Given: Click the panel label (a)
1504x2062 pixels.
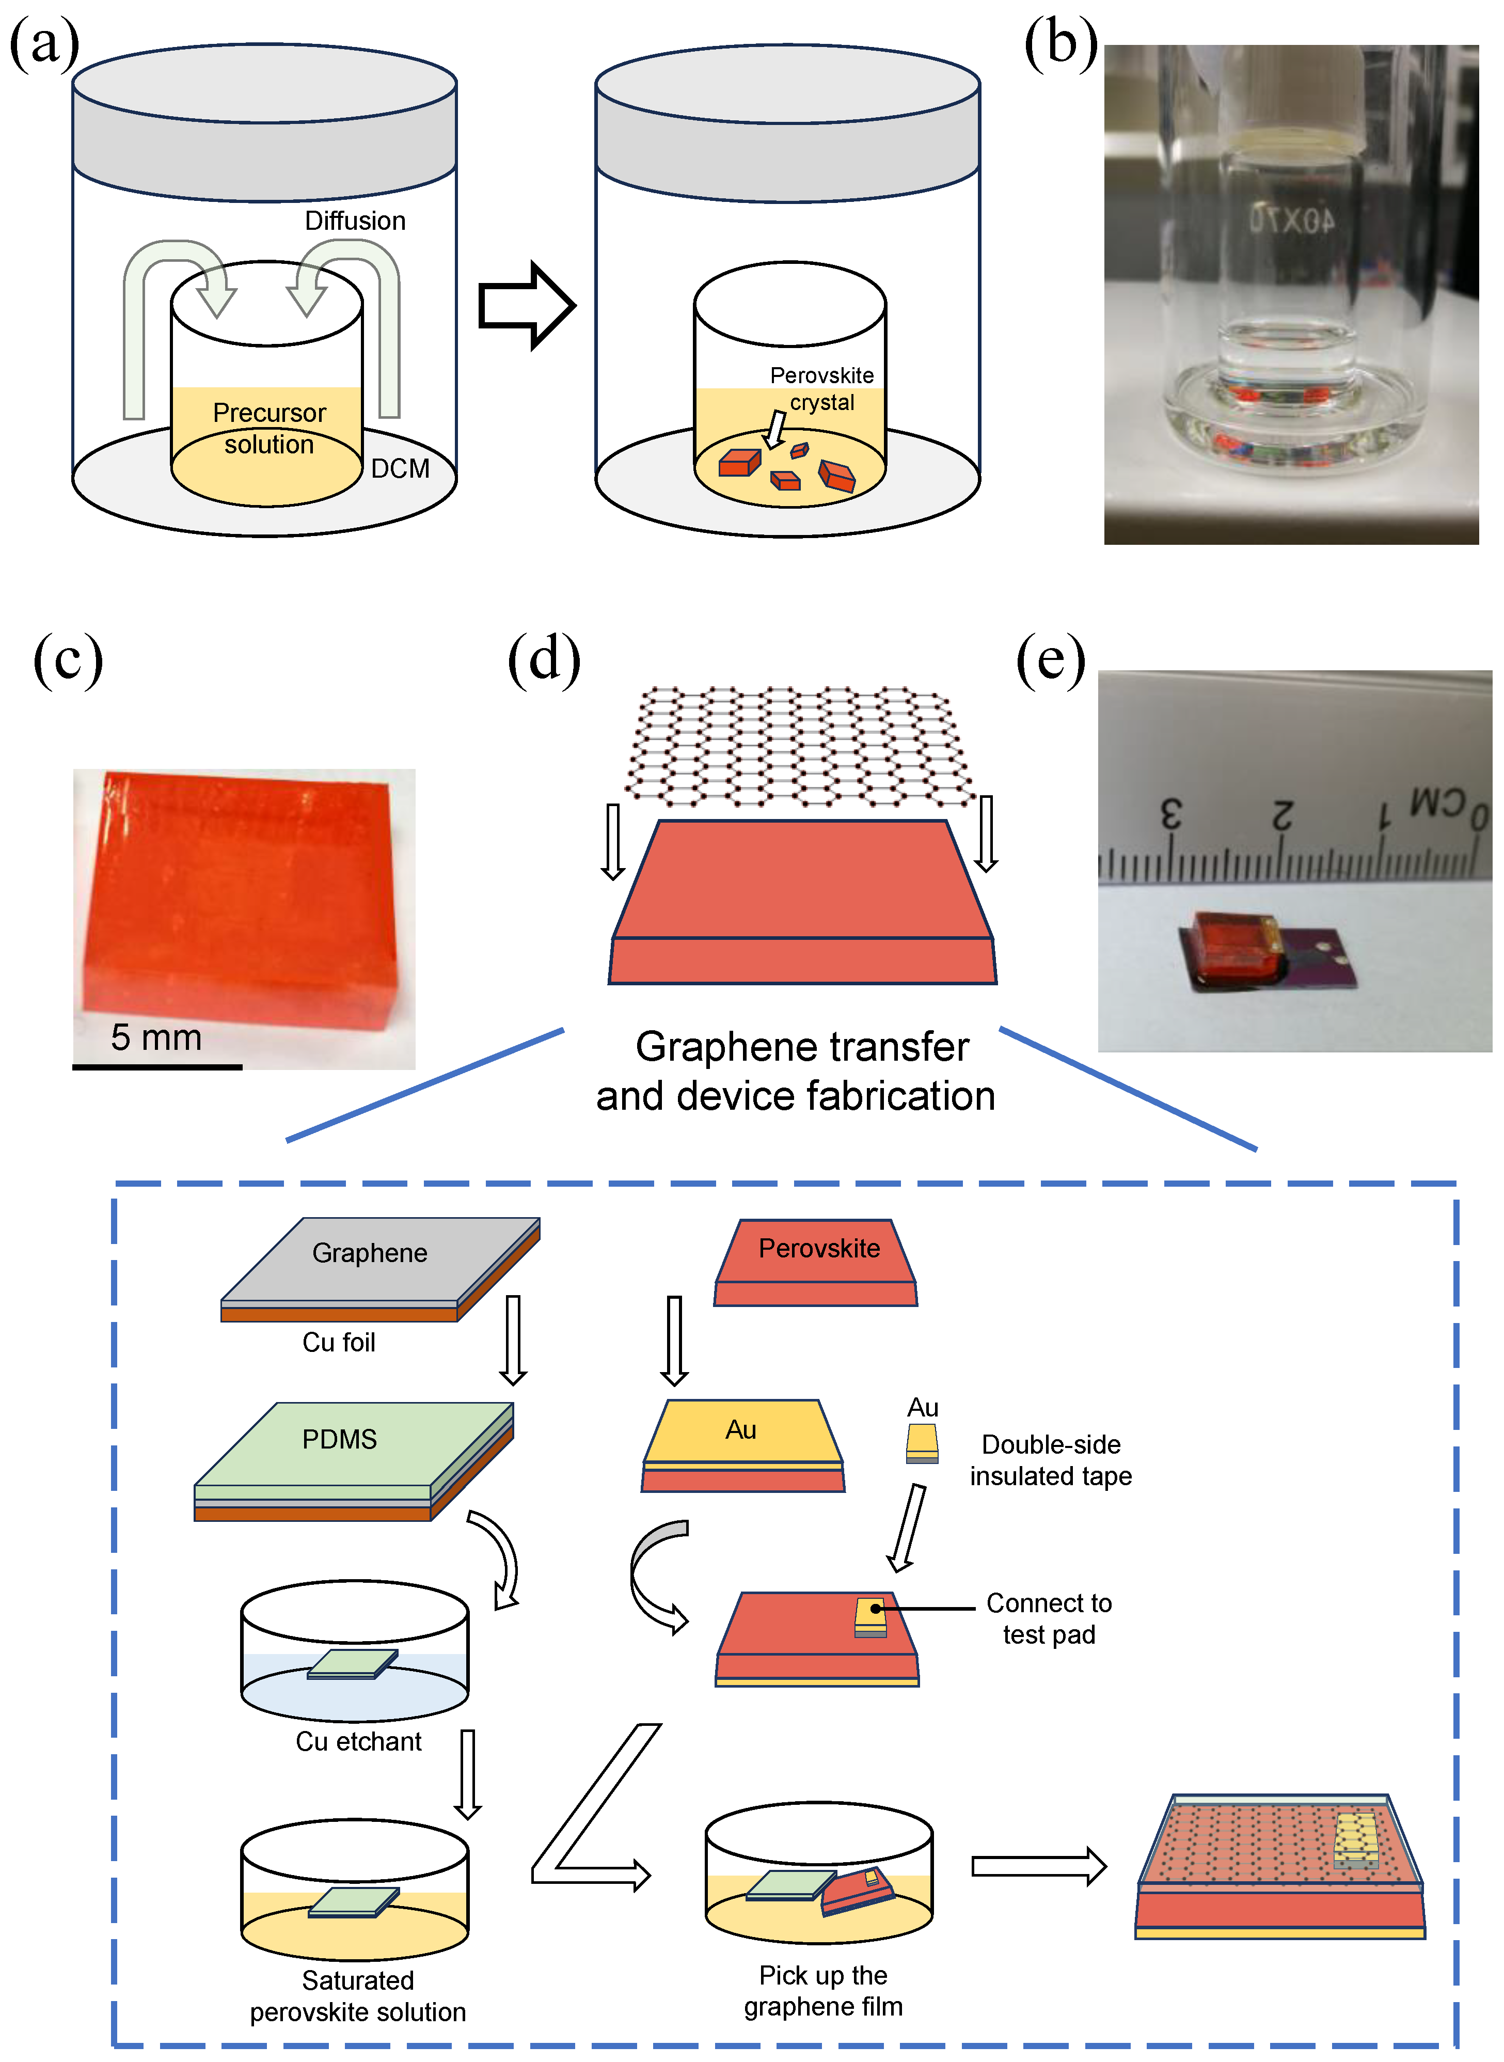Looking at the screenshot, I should click(44, 44).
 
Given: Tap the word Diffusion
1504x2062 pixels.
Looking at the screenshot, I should click(355, 221).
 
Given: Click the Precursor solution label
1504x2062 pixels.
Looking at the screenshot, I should click(268, 429).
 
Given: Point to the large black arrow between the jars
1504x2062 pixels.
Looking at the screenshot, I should click(526, 306).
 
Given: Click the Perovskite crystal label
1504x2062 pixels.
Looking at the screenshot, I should click(821, 389).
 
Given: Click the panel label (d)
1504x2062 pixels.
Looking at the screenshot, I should click(544, 659).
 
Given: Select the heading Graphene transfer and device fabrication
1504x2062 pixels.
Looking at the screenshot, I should click(797, 1072).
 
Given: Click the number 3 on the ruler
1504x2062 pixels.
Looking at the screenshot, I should click(1171, 813).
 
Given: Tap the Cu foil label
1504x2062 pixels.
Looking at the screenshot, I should click(339, 1343).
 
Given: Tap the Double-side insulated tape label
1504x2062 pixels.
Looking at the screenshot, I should click(1051, 1460).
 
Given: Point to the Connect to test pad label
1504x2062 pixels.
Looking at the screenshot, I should click(1049, 1618).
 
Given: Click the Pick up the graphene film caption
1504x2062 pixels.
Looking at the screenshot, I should click(823, 1990).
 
